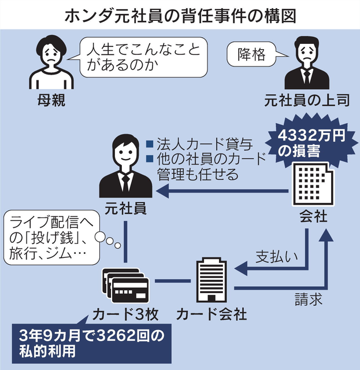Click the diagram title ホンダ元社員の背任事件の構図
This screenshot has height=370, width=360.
(x=180, y=13)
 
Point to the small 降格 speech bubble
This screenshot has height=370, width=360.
(x=253, y=54)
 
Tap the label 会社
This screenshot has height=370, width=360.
(x=313, y=217)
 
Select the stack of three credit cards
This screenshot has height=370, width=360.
(x=127, y=286)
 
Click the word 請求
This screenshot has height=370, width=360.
(x=305, y=300)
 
